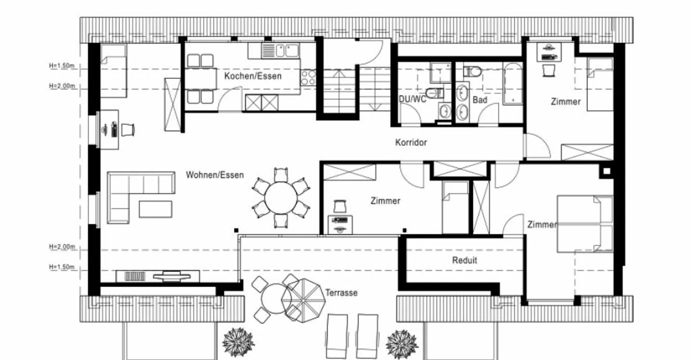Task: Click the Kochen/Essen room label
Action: pyautogui.click(x=252, y=76)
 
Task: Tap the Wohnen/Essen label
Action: pyautogui.click(x=214, y=175)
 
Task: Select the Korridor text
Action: pyautogui.click(x=411, y=143)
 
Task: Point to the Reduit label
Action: pyautogui.click(x=465, y=260)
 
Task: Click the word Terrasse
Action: pyautogui.click(x=342, y=293)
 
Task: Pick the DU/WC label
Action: pyautogui.click(x=413, y=99)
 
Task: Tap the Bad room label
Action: pyautogui.click(x=480, y=100)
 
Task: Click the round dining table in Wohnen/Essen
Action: pyautogui.click(x=281, y=198)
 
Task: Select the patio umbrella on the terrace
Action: pyautogui.click(x=303, y=300)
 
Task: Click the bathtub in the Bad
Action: pyautogui.click(x=512, y=84)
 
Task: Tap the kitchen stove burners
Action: pyautogui.click(x=308, y=77)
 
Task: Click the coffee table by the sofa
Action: pyautogui.click(x=155, y=209)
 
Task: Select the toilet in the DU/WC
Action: pyautogui.click(x=434, y=93)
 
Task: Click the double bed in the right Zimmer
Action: pyautogui.click(x=585, y=224)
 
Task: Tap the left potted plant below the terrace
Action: pyautogui.click(x=238, y=342)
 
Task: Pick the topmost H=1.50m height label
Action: pyautogui.click(x=62, y=66)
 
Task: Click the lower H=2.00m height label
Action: pyautogui.click(x=62, y=247)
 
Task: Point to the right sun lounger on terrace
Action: pyautogui.click(x=367, y=336)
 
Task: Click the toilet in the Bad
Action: pyautogui.click(x=472, y=72)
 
